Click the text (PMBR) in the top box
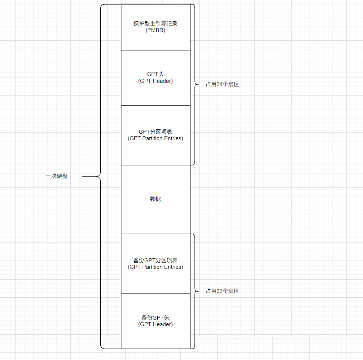pos(156,30)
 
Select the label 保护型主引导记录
pos(156,24)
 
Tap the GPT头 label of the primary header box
pos(156,74)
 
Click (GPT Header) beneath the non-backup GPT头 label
pos(156,81)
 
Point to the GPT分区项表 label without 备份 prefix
pos(156,132)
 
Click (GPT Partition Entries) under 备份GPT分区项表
pos(156,267)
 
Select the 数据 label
pos(156,199)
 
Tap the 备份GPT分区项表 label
pos(156,260)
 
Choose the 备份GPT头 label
pos(156,317)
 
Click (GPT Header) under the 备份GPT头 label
pos(156,324)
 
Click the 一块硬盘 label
pos(57,177)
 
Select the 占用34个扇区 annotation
pos(222,84)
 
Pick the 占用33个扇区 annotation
pos(222,291)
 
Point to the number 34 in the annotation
pos(220,84)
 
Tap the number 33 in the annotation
pos(220,291)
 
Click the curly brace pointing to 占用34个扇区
pos(195,85)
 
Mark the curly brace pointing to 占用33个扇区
pos(195,291)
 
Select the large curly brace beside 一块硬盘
pos(100,177)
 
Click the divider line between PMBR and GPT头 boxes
pos(156,50)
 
